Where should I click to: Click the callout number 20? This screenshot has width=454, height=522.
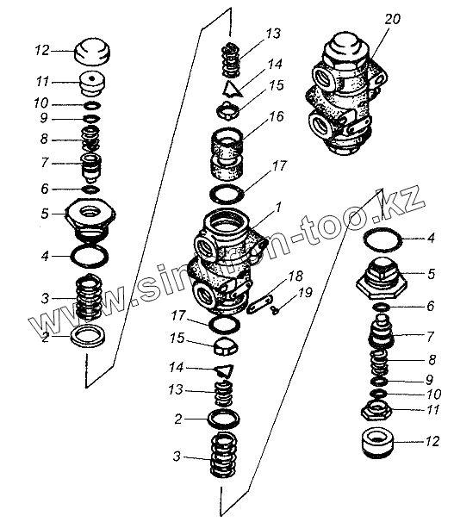point(393,19)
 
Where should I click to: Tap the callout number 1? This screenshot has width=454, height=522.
point(278,207)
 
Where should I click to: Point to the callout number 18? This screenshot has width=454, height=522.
point(295,276)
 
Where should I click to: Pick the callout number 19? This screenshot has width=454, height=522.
point(305,292)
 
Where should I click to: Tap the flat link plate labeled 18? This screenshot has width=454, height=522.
point(260,303)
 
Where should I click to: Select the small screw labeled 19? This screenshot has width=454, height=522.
point(276,311)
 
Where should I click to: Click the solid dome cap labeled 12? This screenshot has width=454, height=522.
point(91,52)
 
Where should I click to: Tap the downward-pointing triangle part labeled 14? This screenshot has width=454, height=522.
point(224,370)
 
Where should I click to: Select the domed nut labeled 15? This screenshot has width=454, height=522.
point(226,346)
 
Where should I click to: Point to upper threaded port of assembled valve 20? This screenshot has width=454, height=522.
point(325,78)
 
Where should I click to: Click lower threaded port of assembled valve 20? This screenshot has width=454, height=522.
point(320,125)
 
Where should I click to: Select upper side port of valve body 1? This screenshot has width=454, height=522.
point(206,245)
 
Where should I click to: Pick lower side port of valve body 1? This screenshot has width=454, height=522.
point(203,294)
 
